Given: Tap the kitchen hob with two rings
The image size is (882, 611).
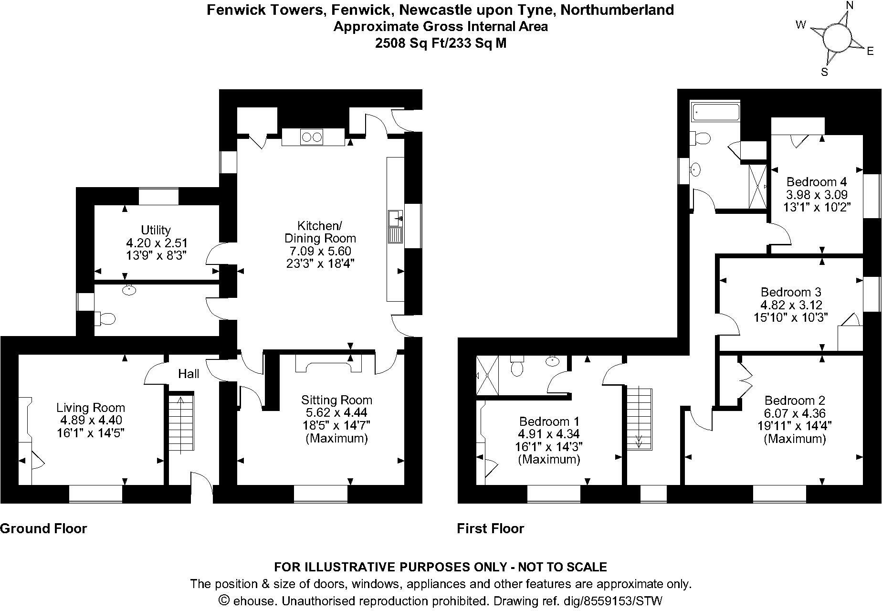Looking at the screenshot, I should click(x=312, y=137).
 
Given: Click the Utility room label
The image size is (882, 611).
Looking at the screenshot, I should click(x=156, y=230).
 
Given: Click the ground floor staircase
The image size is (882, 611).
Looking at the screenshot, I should click(x=181, y=422).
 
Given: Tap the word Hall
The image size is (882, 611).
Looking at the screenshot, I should click(x=189, y=374).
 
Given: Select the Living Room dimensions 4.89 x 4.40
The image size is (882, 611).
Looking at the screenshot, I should click(x=91, y=420).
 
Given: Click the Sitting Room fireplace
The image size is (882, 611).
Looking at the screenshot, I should click(x=328, y=365).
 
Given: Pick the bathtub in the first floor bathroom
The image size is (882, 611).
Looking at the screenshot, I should click(x=715, y=113).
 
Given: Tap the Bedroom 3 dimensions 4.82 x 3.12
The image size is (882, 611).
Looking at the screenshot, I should click(x=791, y=305).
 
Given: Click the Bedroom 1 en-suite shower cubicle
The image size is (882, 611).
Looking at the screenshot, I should click(x=487, y=375).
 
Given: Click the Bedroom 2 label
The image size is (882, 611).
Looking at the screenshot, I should click(x=795, y=400).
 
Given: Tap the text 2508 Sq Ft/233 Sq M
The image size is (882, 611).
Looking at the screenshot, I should click(x=441, y=43).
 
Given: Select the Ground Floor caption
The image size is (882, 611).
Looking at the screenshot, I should click(x=43, y=528).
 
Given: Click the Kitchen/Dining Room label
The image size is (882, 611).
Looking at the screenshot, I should click(x=320, y=232).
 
